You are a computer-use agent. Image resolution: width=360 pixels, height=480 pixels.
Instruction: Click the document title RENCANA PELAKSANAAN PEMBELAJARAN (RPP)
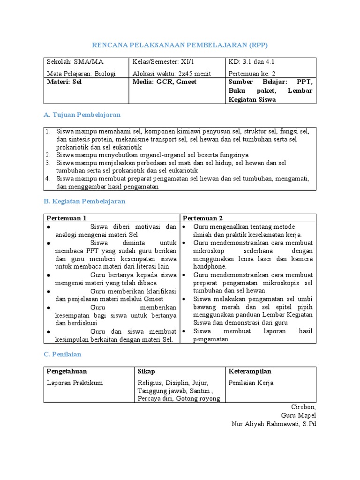(x=180, y=45)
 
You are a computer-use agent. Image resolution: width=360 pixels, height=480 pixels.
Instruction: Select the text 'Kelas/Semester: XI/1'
(x=163, y=62)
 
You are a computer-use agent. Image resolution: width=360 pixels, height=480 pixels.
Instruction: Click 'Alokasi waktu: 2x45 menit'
(x=172, y=74)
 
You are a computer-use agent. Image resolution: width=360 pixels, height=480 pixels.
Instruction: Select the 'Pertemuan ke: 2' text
(x=252, y=74)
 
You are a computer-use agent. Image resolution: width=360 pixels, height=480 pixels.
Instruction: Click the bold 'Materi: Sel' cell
(x=64, y=82)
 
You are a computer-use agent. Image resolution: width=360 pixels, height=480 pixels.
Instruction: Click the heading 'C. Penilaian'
(x=62, y=355)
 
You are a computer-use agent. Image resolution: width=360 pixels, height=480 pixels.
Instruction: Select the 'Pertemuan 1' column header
(x=66, y=218)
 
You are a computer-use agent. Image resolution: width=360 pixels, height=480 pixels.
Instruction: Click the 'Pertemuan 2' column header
(x=202, y=218)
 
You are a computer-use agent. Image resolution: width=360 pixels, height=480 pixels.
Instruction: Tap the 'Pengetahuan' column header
(x=67, y=371)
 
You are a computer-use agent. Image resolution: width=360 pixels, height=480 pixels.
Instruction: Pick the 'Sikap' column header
(x=146, y=371)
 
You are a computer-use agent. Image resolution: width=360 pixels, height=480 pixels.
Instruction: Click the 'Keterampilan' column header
(x=250, y=371)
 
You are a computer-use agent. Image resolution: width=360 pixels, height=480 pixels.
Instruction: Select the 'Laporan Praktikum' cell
(x=75, y=382)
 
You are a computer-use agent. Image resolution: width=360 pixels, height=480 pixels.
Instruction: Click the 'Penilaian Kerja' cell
(x=251, y=382)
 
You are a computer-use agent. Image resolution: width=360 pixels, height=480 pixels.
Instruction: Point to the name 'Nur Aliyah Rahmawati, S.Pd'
(x=274, y=424)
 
